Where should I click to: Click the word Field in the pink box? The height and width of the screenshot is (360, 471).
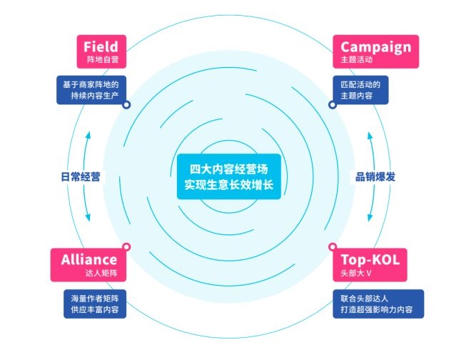click(101, 47)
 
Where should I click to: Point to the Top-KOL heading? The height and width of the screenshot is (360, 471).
click(370, 259)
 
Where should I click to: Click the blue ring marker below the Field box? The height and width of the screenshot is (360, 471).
click(126, 104)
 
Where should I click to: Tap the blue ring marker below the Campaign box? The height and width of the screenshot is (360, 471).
click(333, 104)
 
